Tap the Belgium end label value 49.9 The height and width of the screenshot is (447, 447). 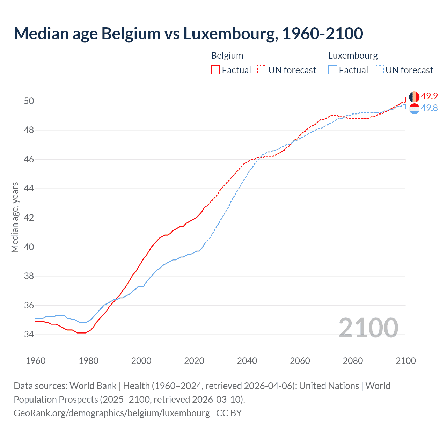(429, 96)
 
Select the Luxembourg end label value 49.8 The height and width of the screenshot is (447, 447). (429, 108)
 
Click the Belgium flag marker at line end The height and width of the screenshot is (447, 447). (414, 97)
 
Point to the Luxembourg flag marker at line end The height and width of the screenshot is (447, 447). (414, 109)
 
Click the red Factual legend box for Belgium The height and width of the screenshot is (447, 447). (215, 70)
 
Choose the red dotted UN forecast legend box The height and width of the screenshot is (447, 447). (262, 70)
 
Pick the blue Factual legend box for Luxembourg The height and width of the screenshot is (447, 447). (333, 70)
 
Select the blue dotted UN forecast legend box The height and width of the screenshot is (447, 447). (379, 70)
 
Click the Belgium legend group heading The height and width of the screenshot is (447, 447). (227, 56)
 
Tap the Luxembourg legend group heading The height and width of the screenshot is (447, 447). (353, 56)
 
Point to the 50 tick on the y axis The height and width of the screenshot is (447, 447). (29, 101)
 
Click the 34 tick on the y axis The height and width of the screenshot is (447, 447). (29, 335)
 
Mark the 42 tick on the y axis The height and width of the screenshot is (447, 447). (29, 218)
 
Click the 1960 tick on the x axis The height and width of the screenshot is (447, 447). (36, 361)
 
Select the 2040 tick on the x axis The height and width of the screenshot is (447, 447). (247, 361)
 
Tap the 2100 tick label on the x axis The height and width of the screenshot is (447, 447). (405, 361)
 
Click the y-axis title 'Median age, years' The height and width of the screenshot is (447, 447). (15, 217)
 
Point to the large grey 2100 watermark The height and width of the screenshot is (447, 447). (368, 328)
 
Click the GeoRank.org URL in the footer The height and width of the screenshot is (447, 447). (112, 413)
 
